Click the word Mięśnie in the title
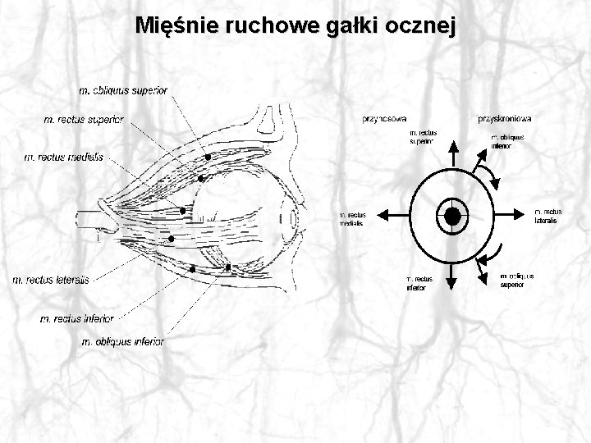pyautogui.click(x=173, y=25)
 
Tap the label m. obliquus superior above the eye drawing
pyautogui.click(x=123, y=89)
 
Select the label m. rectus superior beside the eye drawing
pyautogui.click(x=84, y=120)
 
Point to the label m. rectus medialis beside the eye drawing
pyautogui.click(x=64, y=157)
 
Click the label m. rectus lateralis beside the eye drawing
pyautogui.click(x=51, y=280)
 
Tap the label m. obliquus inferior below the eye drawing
pyautogui.click(x=123, y=341)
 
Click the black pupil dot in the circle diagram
pyautogui.click(x=452, y=216)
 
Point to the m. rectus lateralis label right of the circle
pyautogui.click(x=548, y=216)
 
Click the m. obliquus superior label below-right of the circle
pyautogui.click(x=516, y=281)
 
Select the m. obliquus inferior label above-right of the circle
pyautogui.click(x=506, y=141)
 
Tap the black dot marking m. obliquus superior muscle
pyautogui.click(x=208, y=155)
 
